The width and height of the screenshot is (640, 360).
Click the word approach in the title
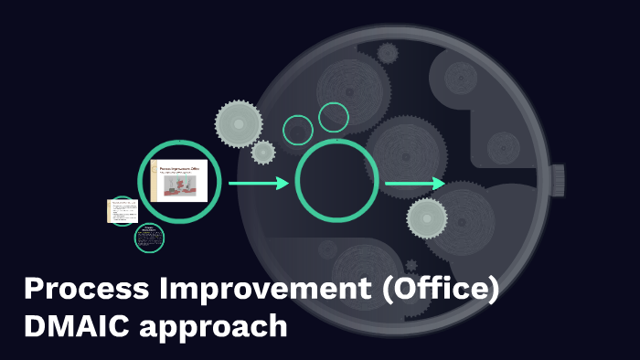[x=213, y=326]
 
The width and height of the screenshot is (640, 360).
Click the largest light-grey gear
[x=238, y=122]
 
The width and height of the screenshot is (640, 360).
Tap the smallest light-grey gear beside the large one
[x=263, y=152]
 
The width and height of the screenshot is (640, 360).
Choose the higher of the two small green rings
[x=334, y=117]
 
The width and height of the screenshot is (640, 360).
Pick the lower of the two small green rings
[x=298, y=131]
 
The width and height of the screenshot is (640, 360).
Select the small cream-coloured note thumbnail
[x=122, y=211]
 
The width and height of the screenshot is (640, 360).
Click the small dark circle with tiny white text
[x=149, y=238]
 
